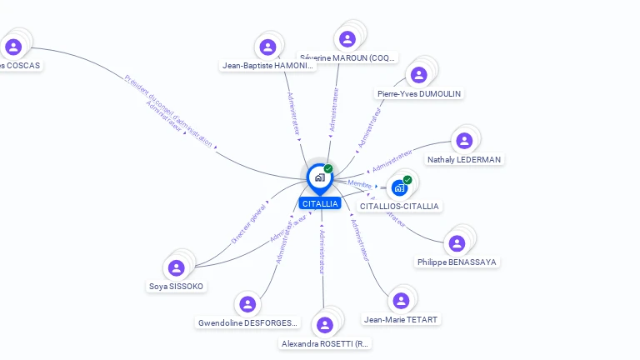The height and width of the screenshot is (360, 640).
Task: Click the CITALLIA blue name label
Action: [x=320, y=203]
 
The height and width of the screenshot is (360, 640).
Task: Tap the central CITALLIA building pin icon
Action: [x=319, y=177]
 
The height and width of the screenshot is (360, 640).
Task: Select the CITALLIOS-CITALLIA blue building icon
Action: [x=398, y=187]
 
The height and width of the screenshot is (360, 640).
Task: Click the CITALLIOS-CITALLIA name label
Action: [x=399, y=206]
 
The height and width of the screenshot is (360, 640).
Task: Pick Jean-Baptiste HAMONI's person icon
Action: [x=267, y=47]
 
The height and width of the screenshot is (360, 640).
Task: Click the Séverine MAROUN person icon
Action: [x=347, y=39]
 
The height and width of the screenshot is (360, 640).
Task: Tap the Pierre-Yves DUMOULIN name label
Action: [x=419, y=93]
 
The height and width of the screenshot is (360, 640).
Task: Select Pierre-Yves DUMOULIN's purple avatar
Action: [x=418, y=75]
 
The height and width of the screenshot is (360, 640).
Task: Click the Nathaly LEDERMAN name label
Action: [x=465, y=159]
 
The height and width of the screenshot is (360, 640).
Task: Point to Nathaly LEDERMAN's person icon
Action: [x=464, y=140]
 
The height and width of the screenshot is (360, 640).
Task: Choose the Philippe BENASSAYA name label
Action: [x=457, y=262]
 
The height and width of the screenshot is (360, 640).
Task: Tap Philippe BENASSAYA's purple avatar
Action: [x=457, y=243]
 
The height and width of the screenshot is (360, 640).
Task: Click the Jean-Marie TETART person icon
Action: [x=401, y=301]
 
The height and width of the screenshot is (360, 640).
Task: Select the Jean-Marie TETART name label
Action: [x=401, y=319]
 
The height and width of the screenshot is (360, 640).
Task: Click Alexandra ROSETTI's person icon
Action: [x=325, y=324]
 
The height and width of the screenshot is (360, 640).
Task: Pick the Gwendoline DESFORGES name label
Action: [x=248, y=322]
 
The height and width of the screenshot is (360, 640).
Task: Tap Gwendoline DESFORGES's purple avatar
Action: [x=247, y=304]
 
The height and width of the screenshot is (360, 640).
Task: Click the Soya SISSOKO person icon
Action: [x=176, y=267]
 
